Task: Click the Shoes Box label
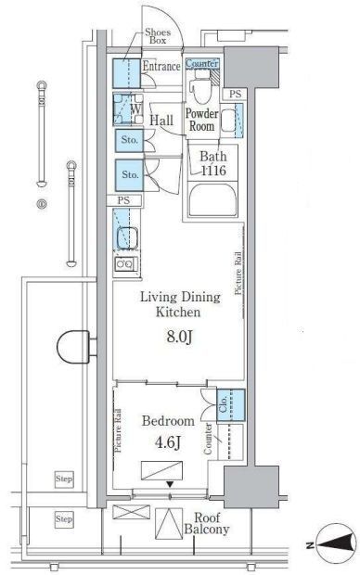coord(158,36)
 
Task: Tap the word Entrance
coord(161,67)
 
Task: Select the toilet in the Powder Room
coord(200,86)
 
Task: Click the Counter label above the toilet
coord(202,63)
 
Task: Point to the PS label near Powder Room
coord(236,94)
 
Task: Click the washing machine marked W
coord(128,109)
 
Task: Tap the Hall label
coord(161,121)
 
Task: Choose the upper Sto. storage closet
coord(129,140)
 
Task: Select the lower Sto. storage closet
coord(129,175)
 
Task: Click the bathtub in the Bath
coord(212,199)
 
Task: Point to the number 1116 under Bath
coord(213,170)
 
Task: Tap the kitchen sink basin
coord(127,238)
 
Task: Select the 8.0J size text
coord(179,337)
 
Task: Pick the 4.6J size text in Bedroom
coord(167,442)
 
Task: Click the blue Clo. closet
coord(231,404)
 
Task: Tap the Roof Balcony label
coord(207,523)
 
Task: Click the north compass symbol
coord(337,543)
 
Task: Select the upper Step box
coord(64,479)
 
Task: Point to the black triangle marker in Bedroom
coord(170,484)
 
